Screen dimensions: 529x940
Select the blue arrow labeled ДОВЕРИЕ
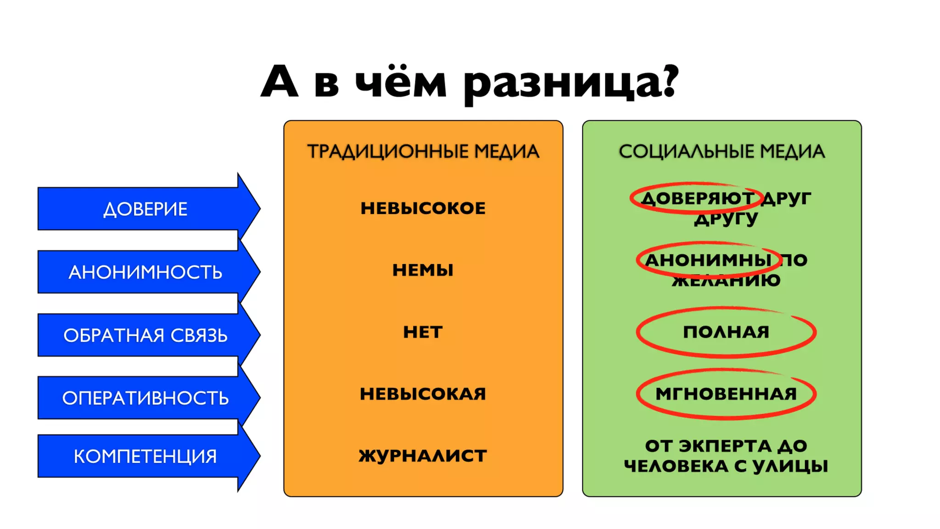[145, 209]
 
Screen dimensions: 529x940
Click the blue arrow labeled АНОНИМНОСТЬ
[145, 272]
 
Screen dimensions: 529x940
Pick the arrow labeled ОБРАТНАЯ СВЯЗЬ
[145, 336]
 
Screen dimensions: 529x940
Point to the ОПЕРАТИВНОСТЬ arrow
[145, 398]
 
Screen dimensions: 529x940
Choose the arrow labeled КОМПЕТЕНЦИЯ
[145, 456]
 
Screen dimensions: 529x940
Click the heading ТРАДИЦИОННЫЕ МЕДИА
[423, 152]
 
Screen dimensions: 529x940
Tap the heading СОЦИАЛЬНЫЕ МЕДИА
[722, 152]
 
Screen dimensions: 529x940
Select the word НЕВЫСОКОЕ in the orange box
[423, 208]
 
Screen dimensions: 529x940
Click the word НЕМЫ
[423, 270]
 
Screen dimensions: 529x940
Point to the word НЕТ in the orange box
[423, 332]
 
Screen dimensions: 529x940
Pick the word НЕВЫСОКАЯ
[423, 394]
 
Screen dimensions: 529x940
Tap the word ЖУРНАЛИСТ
[423, 456]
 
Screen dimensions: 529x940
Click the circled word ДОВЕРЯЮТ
[697, 198]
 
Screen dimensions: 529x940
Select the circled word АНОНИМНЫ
[708, 260]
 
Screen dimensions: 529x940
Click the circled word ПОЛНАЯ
[726, 332]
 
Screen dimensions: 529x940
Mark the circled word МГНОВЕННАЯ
[726, 394]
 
